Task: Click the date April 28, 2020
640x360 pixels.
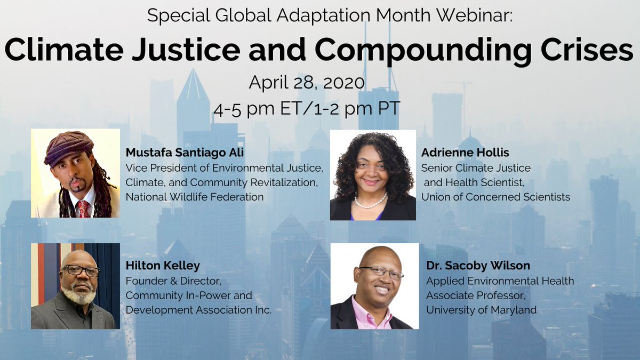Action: click(307, 83)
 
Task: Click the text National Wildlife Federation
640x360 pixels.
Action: click(195, 197)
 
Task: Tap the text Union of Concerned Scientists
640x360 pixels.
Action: click(495, 197)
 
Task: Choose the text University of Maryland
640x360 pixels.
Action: click(481, 310)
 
